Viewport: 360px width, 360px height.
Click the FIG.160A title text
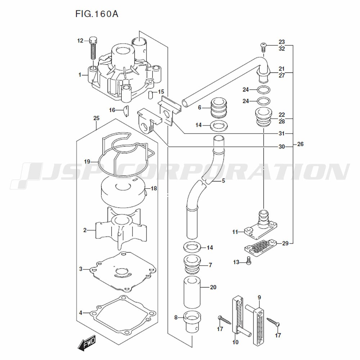pos(97,14)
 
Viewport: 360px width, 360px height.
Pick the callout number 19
pos(87,161)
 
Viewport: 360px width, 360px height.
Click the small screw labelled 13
pos(248,262)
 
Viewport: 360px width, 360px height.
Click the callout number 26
pos(301,144)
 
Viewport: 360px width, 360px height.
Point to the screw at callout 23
pos(263,45)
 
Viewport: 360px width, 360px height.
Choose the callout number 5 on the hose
pos(223,181)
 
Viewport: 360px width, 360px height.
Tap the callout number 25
pos(96,118)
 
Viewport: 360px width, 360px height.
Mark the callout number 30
pos(282,147)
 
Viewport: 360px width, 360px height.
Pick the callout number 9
pos(259,297)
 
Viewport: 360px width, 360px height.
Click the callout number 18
pos(154,188)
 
